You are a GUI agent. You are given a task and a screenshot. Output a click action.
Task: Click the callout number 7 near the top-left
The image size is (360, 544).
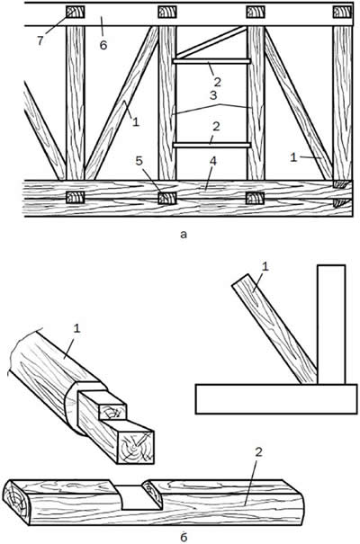click(40, 40)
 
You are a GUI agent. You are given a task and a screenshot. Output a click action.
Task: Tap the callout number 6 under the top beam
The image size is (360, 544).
click(103, 45)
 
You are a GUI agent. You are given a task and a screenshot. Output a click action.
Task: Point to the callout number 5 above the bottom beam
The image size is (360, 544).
click(139, 161)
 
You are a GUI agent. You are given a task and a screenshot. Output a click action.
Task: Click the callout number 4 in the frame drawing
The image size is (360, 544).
click(212, 161)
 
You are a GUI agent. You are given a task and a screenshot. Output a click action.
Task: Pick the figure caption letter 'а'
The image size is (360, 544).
click(184, 235)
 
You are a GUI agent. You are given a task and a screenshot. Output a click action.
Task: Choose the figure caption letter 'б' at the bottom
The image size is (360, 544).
click(184, 537)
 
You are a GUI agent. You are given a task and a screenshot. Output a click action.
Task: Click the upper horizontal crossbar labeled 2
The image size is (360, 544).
click(211, 61)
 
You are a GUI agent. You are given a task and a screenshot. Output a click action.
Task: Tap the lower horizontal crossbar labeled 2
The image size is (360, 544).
click(211, 145)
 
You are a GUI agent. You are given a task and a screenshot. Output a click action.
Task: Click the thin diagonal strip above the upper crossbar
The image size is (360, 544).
click(211, 42)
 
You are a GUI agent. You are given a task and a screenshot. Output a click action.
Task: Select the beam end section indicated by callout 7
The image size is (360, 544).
click(76, 13)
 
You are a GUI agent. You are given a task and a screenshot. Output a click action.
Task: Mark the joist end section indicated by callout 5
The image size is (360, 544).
click(167, 198)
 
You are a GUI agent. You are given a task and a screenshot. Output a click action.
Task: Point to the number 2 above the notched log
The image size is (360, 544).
click(258, 452)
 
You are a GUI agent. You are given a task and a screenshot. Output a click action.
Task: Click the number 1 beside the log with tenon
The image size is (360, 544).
click(76, 328)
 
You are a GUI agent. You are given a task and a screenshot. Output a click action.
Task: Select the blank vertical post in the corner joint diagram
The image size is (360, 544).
click(331, 325)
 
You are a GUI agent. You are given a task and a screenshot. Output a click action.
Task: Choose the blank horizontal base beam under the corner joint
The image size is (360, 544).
click(276, 399)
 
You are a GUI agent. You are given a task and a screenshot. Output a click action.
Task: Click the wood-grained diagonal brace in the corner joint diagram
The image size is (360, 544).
click(274, 329)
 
